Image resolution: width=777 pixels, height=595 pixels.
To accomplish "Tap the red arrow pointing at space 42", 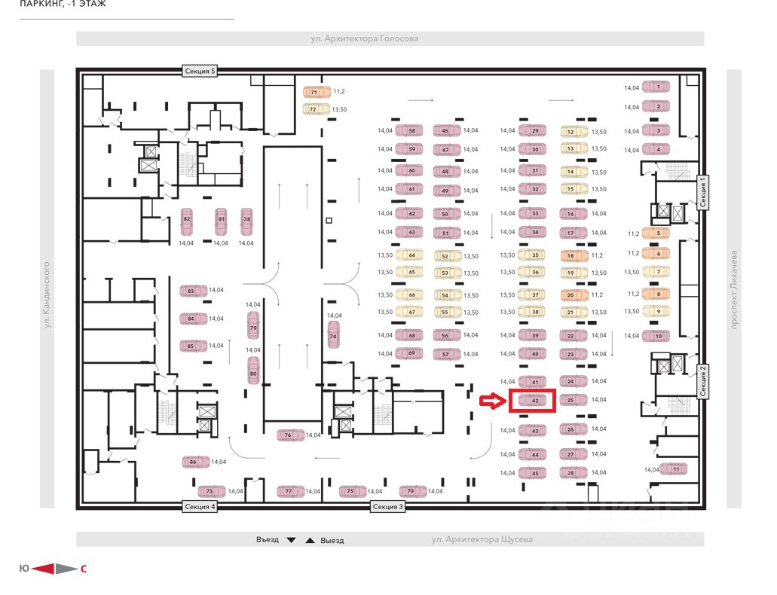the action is (x=490, y=402).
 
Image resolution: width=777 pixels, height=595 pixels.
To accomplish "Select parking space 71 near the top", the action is (x=317, y=92).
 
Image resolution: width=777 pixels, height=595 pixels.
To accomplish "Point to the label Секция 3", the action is (x=388, y=507).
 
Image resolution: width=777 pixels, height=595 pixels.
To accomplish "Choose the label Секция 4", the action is (x=200, y=507).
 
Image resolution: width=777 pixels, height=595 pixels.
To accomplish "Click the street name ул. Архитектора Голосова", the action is (x=365, y=38).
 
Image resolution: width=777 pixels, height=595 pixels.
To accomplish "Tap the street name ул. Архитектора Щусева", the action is (x=482, y=539).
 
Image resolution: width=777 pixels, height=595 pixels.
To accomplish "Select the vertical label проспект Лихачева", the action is (x=733, y=288).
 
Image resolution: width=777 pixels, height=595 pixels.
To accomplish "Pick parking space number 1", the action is (x=658, y=87).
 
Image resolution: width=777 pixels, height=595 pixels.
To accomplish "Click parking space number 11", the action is (x=676, y=468).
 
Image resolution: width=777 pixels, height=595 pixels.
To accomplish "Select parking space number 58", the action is (x=411, y=130).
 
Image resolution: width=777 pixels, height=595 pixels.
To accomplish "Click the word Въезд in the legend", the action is (x=267, y=540).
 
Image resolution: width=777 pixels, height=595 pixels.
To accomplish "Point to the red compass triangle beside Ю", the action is (x=44, y=569).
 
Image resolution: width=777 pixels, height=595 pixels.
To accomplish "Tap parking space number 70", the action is (x=411, y=491).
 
